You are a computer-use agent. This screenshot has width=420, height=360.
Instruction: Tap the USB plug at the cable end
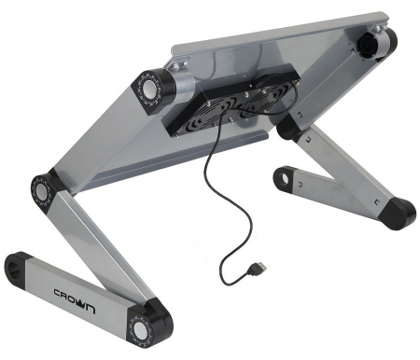click(x=257, y=269)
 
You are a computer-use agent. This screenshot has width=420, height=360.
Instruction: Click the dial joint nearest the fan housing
click(x=147, y=88)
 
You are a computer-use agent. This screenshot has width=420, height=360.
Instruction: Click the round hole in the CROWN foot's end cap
click(x=15, y=268)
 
